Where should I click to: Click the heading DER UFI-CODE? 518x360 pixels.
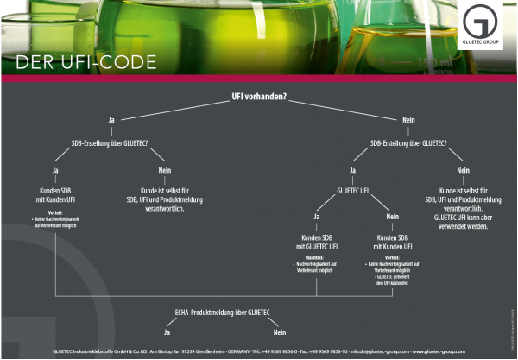(x=85, y=62)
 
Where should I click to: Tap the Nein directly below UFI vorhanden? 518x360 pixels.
(x=408, y=119)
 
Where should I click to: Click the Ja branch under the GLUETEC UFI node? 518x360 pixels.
(x=317, y=217)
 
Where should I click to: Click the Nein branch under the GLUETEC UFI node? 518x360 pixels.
(x=392, y=217)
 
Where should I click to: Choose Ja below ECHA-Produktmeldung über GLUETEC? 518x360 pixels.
(x=168, y=332)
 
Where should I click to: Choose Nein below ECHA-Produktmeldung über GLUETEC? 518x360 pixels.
(x=279, y=332)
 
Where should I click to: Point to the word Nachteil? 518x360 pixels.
(x=313, y=257)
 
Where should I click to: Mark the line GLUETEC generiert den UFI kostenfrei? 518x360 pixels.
(x=393, y=279)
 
